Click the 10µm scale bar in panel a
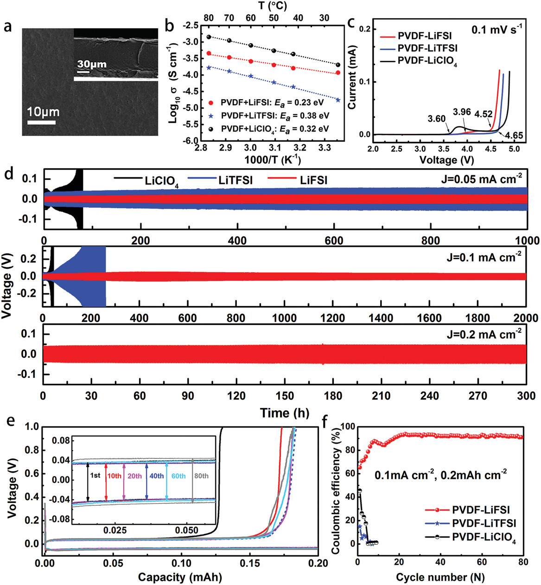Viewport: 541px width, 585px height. [x=41, y=122]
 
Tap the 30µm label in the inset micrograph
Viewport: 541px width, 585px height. [x=92, y=64]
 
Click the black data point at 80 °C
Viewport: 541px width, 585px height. [x=209, y=37]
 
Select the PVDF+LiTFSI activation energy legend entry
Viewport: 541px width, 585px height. [x=275, y=115]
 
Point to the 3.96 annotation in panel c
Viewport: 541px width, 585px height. [x=462, y=112]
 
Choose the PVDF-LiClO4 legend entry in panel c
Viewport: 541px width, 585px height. [x=427, y=62]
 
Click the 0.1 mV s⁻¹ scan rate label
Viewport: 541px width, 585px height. [x=496, y=30]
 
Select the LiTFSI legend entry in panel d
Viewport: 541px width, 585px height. [x=235, y=180]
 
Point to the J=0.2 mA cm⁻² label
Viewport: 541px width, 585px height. [x=484, y=334]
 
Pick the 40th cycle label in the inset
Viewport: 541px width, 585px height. [x=157, y=476]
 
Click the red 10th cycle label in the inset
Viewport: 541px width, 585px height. [x=114, y=476]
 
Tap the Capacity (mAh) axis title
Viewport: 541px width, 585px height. [x=180, y=577]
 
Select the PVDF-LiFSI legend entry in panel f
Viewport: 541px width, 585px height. [x=481, y=510]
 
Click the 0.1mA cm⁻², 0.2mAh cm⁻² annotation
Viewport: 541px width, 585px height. [x=440, y=474]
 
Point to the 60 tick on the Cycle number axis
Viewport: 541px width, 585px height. [x=482, y=562]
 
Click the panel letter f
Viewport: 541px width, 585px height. [x=326, y=422]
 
